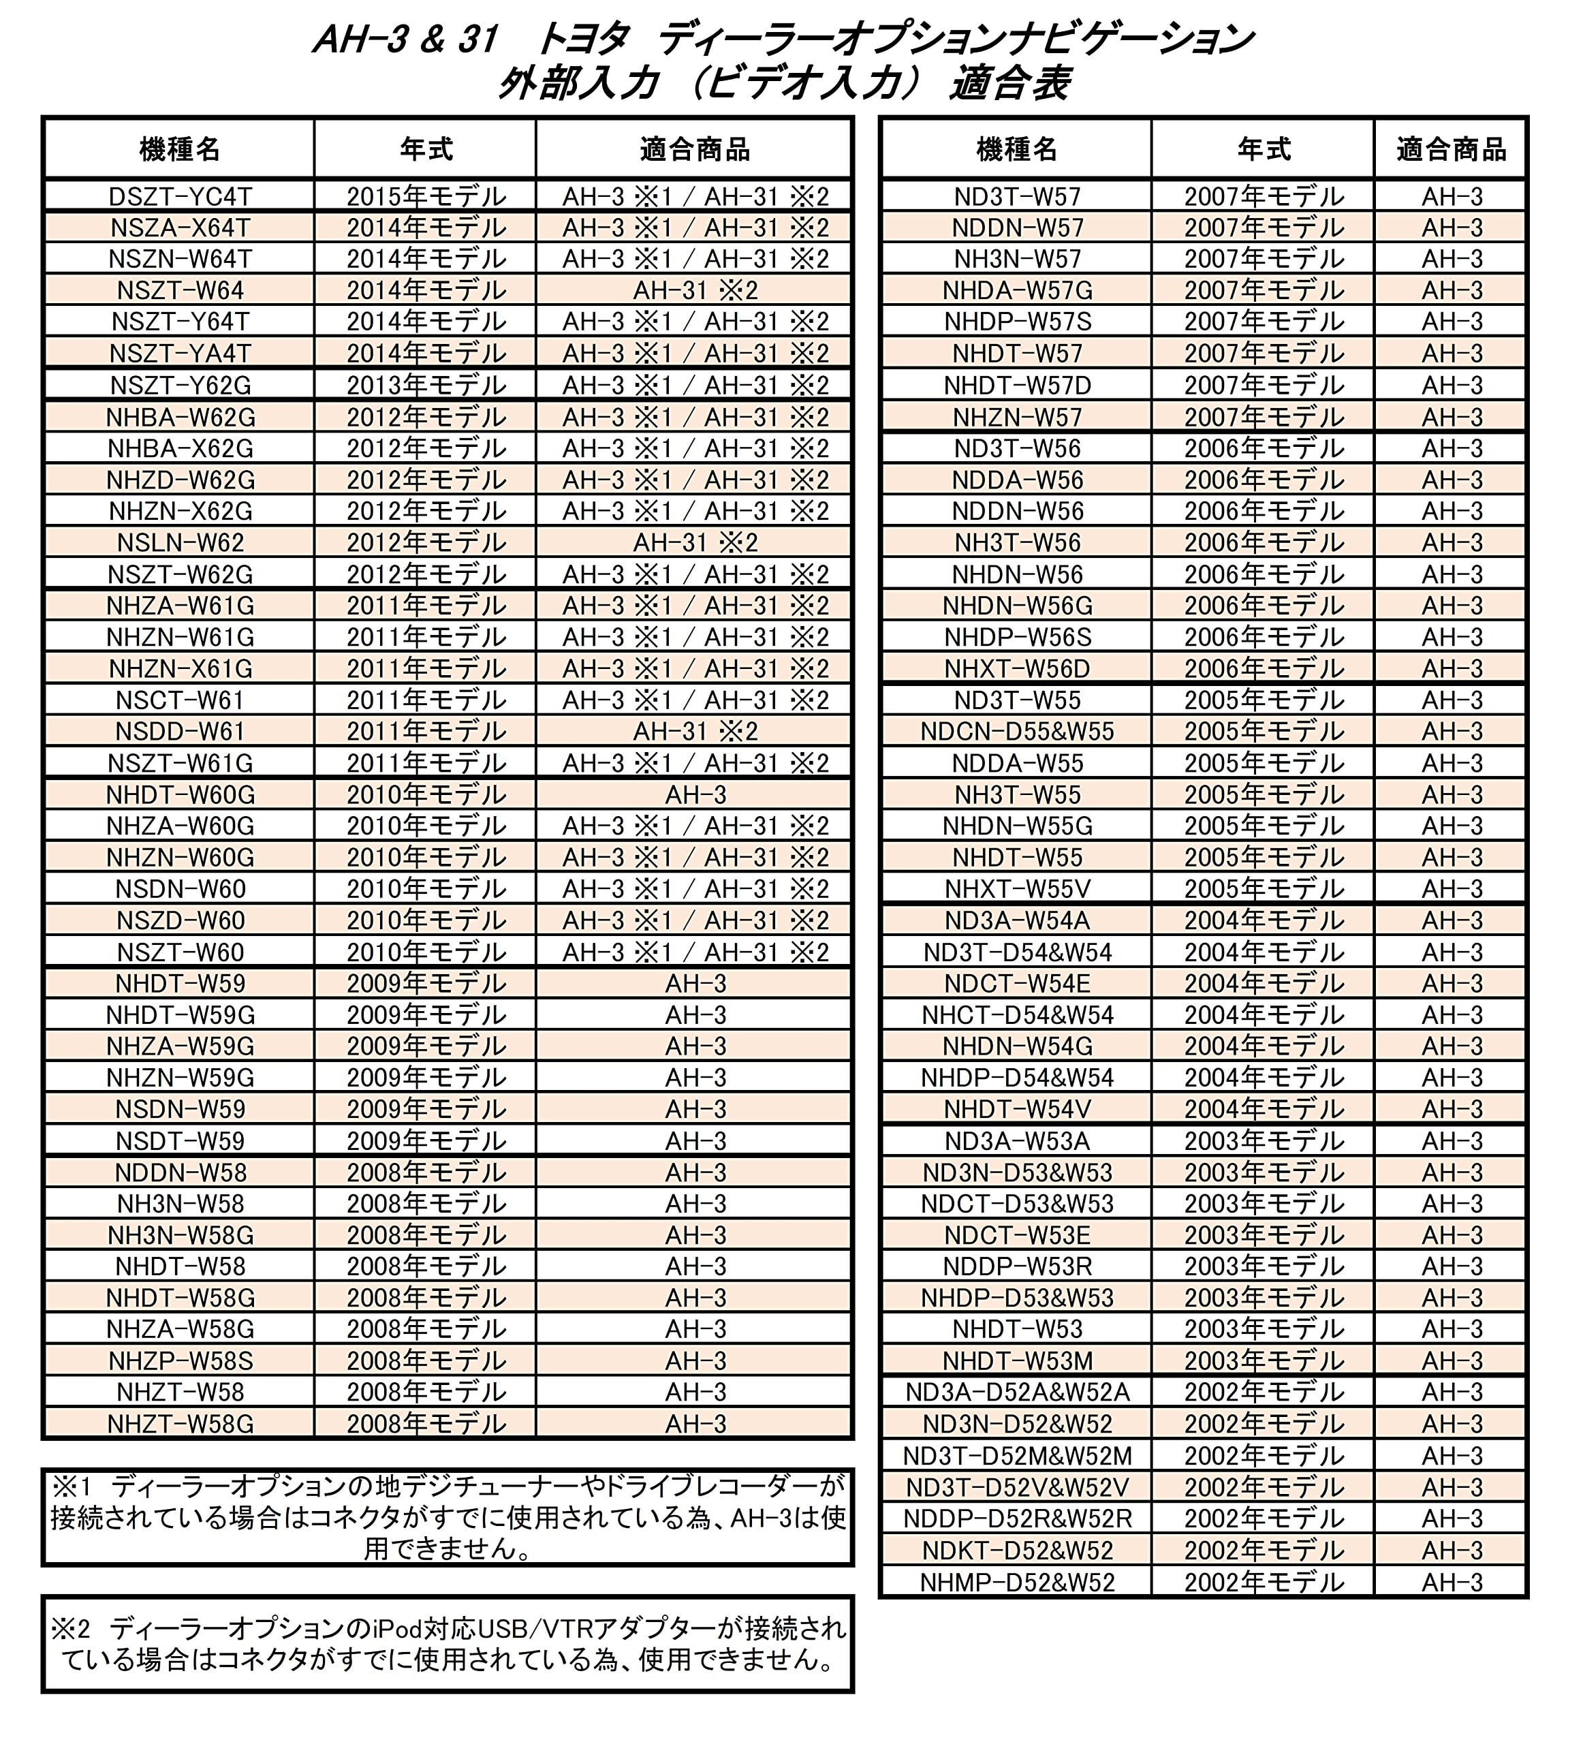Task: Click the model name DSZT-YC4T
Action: (180, 196)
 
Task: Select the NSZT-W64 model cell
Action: (180, 290)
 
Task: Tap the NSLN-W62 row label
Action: (180, 542)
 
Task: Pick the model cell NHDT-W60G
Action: (180, 794)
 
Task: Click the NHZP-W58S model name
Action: (180, 1360)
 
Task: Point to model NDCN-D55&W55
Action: (1016, 731)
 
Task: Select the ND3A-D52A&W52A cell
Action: (1016, 1392)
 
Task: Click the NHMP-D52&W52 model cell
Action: (1016, 1583)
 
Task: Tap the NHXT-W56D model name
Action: (1016, 669)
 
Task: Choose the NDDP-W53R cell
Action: (1016, 1266)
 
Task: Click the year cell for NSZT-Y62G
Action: (426, 385)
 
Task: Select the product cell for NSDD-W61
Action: (695, 731)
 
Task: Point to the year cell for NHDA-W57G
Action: (1263, 290)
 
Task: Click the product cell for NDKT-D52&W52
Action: (1452, 1551)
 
